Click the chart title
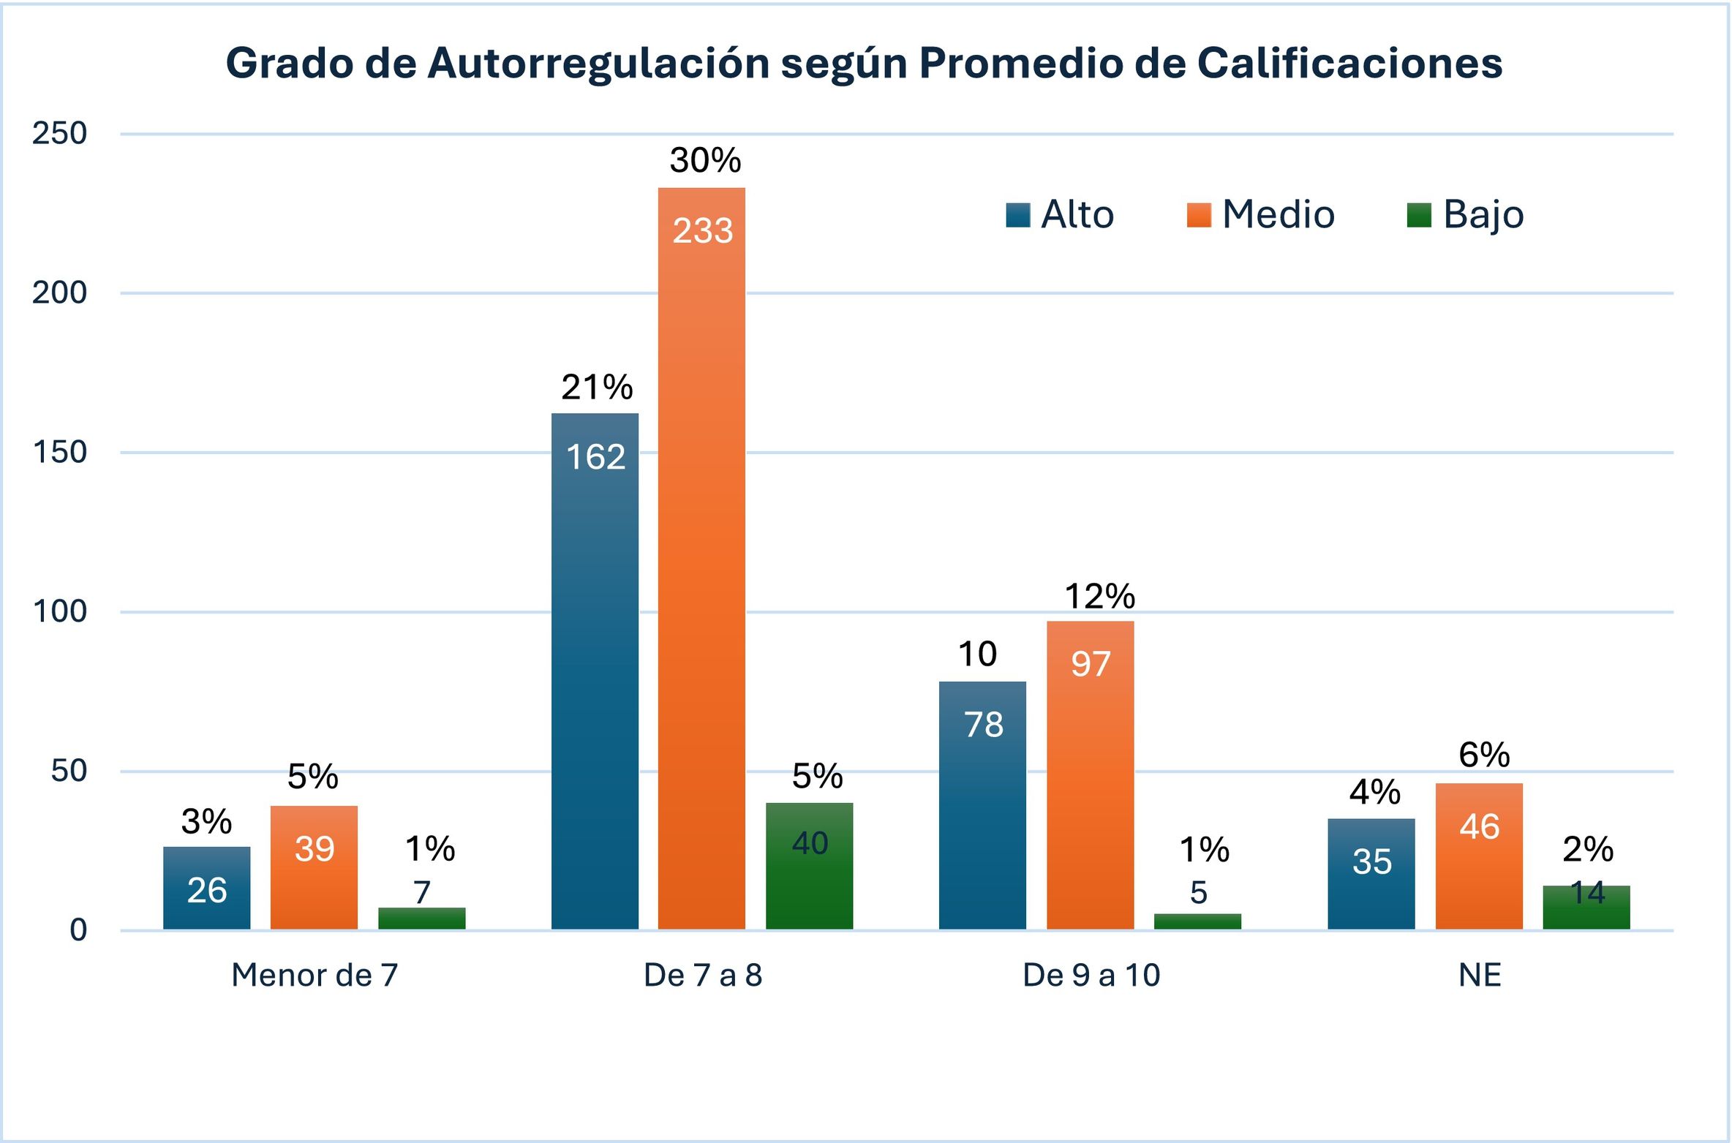click(x=864, y=63)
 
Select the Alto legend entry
click(x=1059, y=214)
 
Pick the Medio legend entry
click(x=1260, y=214)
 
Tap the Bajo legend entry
click(x=1465, y=216)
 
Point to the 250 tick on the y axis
click(x=59, y=133)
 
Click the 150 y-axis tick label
click(x=59, y=452)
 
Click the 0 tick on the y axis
click(x=78, y=930)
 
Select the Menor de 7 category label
click(x=315, y=975)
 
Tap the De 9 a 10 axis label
click(x=1091, y=975)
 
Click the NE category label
click(x=1480, y=975)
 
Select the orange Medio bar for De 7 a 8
click(x=701, y=559)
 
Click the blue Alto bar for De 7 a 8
click(x=595, y=671)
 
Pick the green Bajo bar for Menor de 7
click(x=422, y=918)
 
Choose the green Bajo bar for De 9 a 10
click(x=1198, y=921)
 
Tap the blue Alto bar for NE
click(x=1371, y=874)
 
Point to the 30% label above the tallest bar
click(x=706, y=160)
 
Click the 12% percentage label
click(x=1100, y=597)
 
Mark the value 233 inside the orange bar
click(x=703, y=231)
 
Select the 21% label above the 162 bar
click(x=597, y=388)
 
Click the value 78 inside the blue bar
click(x=984, y=725)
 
